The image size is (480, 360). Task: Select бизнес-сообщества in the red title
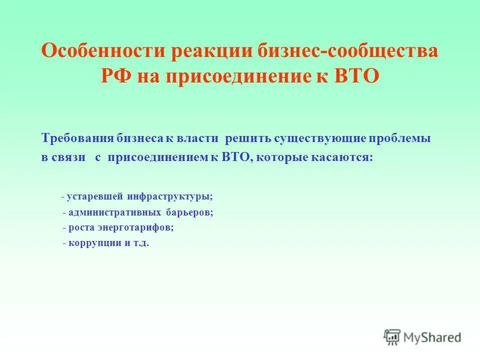click(x=348, y=51)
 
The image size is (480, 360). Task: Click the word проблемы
click(x=402, y=138)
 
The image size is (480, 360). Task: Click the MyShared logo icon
click(x=392, y=336)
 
